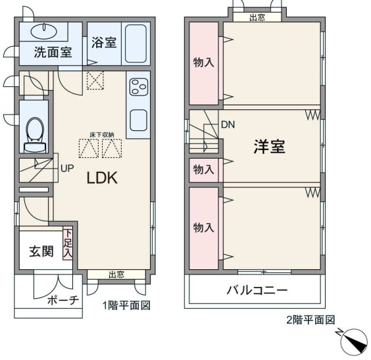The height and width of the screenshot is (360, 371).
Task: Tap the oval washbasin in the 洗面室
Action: [x=44, y=31]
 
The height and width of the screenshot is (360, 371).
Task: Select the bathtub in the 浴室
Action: [x=136, y=43]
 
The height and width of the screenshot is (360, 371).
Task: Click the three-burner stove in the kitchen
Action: [x=139, y=87]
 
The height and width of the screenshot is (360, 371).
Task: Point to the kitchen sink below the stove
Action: [x=138, y=120]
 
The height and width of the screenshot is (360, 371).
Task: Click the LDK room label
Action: [x=102, y=178]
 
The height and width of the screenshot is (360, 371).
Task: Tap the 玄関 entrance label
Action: [x=41, y=251]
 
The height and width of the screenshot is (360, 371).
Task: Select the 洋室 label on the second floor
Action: [x=269, y=147]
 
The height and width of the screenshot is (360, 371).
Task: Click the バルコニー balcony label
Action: [x=257, y=290]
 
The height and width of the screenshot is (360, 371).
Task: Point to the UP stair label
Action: [x=67, y=168]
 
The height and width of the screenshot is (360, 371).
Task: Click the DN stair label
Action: [x=228, y=124]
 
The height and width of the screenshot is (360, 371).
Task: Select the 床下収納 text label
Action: [x=102, y=135]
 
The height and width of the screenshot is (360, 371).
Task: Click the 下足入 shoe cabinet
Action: [x=68, y=244]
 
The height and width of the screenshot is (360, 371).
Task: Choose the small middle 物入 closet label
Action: [x=203, y=169]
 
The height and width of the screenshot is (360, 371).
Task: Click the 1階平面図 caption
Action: [x=126, y=305]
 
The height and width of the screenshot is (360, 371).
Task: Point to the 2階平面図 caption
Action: [x=311, y=320]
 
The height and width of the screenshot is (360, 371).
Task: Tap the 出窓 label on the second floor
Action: [x=257, y=17]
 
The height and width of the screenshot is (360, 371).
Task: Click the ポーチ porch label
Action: [x=63, y=301]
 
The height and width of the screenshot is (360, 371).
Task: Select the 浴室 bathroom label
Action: [x=104, y=43]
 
